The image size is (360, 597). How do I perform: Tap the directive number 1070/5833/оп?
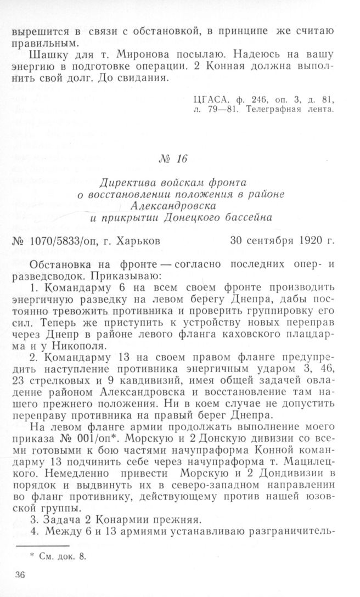pos(63,242)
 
